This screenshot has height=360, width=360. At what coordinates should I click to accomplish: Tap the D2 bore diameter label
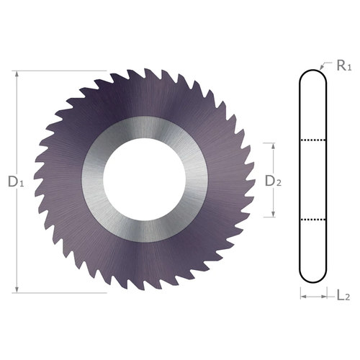coord(274,181)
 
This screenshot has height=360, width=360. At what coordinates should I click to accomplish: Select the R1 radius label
coord(343,66)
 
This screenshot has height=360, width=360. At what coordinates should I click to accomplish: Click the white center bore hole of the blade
coord(145,181)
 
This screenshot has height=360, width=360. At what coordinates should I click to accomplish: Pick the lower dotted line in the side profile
coord(315,217)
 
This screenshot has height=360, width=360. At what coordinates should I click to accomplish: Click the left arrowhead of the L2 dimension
coord(304,295)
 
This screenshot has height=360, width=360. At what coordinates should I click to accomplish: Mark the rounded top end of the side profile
coord(315,75)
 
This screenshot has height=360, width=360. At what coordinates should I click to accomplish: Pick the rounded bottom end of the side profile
coord(315,279)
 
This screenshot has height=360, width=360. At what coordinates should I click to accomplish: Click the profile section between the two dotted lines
coord(315,179)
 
